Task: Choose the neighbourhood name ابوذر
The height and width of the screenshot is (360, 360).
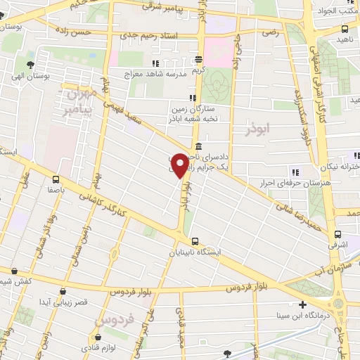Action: tap(258, 131)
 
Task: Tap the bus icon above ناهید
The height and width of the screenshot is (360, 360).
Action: tap(344, 29)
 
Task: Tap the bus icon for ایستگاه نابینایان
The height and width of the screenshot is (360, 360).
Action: tap(195, 240)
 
